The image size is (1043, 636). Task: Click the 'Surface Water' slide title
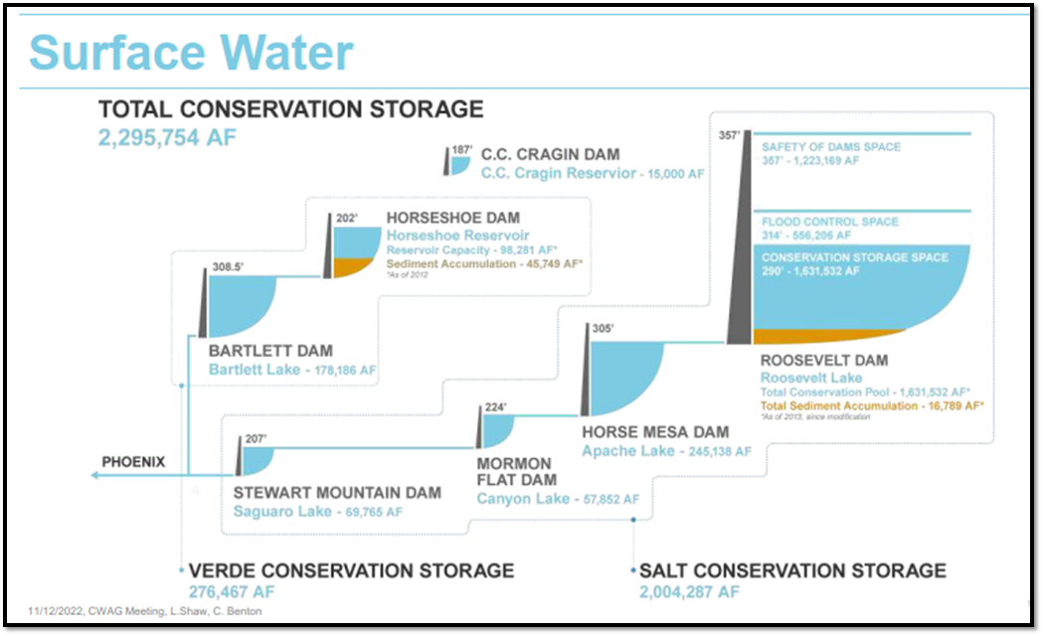(191, 53)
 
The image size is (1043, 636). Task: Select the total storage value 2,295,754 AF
(167, 137)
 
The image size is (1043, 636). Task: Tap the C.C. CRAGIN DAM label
(550, 154)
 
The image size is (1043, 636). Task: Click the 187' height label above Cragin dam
(461, 150)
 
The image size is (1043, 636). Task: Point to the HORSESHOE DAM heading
(452, 218)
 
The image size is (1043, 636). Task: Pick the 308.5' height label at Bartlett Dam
(228, 267)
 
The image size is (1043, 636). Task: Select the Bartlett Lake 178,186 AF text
(292, 370)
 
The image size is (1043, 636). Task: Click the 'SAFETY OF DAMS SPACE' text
(830, 147)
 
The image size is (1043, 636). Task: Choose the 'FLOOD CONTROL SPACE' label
(829, 222)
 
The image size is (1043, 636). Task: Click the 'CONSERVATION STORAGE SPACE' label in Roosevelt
(854, 257)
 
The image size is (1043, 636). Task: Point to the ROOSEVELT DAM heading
(823, 360)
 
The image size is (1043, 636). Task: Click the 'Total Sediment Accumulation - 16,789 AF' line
(872, 405)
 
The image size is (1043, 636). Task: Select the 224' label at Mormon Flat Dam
(495, 406)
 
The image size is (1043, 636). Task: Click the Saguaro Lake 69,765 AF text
(317, 512)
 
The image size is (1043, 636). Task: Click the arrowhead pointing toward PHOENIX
(95, 476)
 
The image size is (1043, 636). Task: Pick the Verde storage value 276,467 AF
(233, 592)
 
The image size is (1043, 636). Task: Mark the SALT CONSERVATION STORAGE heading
(792, 570)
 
